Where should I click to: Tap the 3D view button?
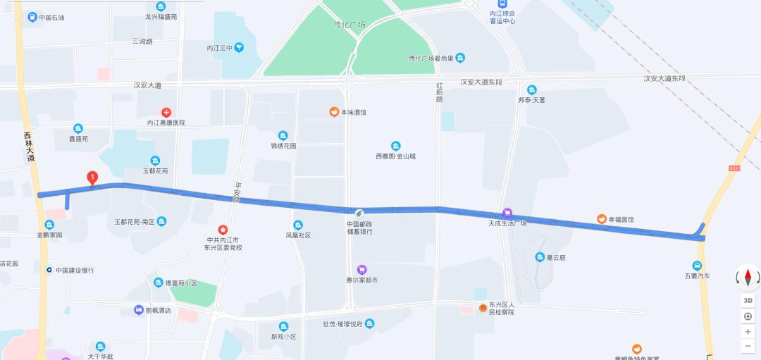pos(748,300)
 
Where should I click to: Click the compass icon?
pos(748,278)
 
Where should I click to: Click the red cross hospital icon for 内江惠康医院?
pos(166,112)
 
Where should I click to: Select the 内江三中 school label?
pos(219,48)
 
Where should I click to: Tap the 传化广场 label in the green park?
pos(349,25)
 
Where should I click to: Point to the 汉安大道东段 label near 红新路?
pos(481,82)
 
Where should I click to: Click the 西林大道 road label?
pos(29,147)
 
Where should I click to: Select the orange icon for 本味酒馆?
pos(334,112)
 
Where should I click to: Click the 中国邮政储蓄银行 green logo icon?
pos(359,213)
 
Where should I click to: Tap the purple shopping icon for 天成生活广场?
pos(507,213)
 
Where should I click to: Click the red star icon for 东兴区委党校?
pos(223,230)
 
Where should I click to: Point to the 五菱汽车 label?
pos(697,275)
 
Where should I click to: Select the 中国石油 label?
pos(52,17)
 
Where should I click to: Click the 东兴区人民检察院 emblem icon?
pos(483,308)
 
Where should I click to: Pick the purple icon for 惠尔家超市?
pos(362,269)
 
